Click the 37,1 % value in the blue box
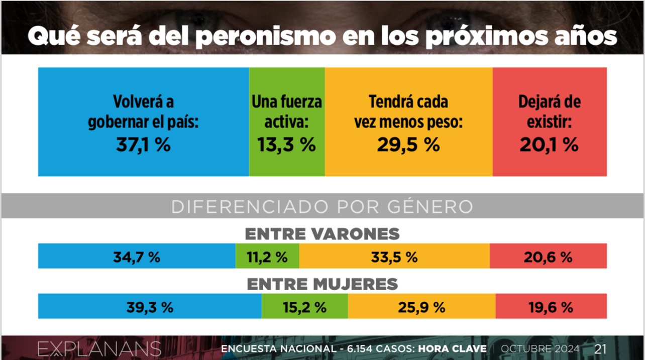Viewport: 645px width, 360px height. (143, 145)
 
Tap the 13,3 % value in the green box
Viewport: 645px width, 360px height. (286, 145)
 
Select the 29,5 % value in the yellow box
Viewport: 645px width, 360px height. (408, 145)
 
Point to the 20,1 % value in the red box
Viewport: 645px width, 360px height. (549, 145)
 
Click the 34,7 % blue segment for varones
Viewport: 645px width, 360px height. (137, 257)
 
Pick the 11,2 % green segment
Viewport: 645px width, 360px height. (267, 257)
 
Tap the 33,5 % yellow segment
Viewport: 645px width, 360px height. (394, 257)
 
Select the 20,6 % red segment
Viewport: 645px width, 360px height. (549, 257)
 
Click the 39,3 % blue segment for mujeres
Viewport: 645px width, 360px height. (150, 307)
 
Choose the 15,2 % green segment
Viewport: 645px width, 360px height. (304, 307)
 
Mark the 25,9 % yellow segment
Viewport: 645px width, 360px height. (421, 307)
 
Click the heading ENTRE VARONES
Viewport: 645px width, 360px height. (322, 234)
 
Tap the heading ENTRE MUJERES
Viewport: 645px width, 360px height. (322, 284)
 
